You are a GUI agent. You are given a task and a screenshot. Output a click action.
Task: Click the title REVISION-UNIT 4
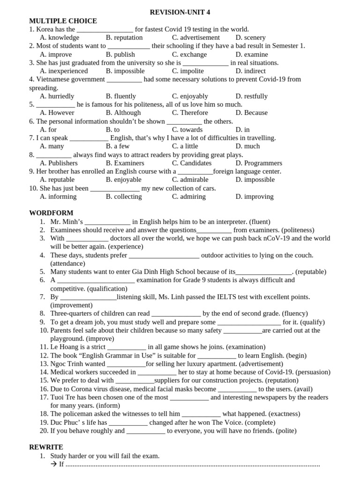point(177,12)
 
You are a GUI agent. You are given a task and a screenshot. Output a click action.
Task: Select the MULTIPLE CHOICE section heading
point(63,21)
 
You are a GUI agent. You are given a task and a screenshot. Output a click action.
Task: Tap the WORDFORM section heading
point(51,213)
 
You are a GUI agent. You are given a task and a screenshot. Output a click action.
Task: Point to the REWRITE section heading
point(46,447)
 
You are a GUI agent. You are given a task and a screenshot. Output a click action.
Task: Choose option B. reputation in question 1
point(124,37)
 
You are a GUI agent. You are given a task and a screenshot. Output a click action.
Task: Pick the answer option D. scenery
point(250,37)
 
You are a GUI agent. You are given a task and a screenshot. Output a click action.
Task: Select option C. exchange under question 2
point(189,54)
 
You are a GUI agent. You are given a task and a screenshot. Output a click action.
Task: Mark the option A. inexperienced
point(64,71)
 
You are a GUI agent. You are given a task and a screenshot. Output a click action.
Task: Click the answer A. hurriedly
point(57,96)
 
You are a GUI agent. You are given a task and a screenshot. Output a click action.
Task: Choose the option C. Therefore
point(190,112)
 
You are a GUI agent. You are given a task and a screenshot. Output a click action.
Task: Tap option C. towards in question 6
point(187,129)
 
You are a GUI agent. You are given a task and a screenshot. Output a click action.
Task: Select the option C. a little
point(185,146)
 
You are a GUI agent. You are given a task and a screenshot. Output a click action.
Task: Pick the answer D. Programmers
point(259,163)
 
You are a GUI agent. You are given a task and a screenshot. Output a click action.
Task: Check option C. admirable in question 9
point(190,180)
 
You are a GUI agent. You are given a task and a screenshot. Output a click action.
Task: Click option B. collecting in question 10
point(124,196)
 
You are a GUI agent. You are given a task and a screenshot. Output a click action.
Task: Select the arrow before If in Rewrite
point(53,464)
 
